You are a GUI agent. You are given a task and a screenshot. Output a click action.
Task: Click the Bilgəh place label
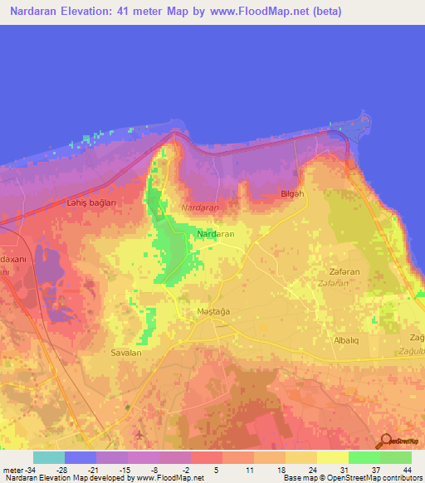pos(293,194)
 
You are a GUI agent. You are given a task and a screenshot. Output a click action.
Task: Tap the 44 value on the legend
pos(408,469)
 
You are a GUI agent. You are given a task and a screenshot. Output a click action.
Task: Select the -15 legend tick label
pos(125,469)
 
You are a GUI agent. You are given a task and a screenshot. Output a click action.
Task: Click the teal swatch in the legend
pos(49,457)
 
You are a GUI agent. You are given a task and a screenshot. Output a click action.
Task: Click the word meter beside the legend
pos(12,469)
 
